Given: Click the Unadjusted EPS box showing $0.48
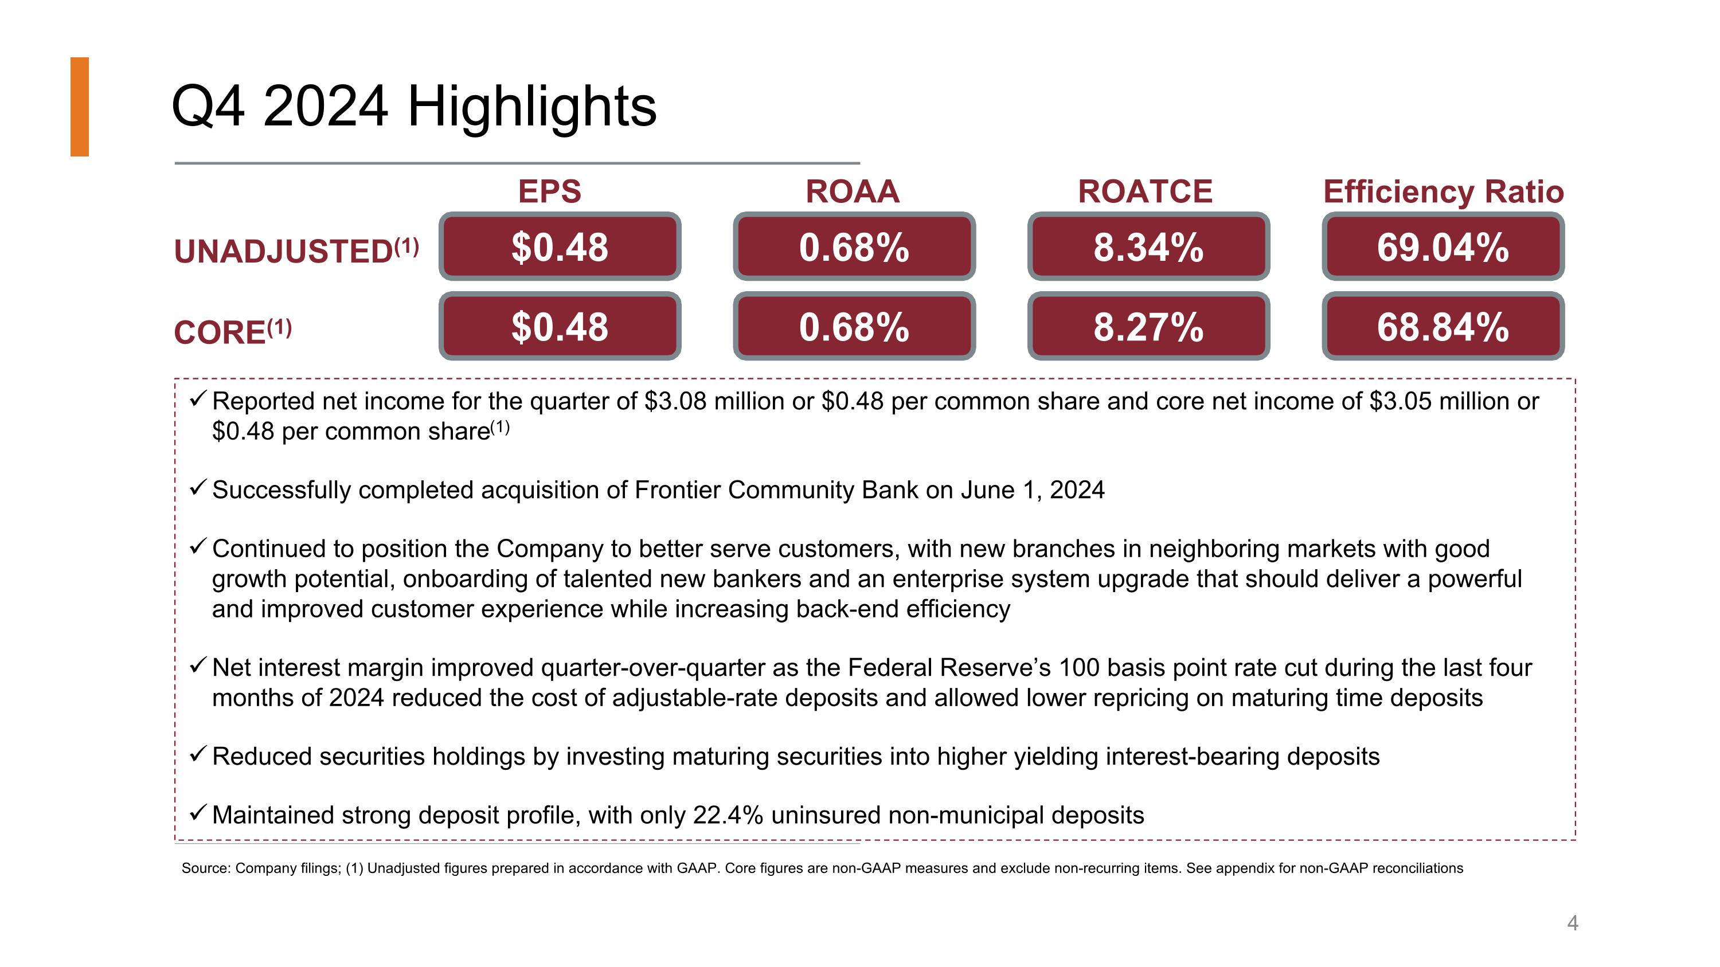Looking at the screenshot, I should point(560,246).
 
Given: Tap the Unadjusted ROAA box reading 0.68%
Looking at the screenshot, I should point(854,246).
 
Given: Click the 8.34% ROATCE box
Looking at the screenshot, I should point(1148,246).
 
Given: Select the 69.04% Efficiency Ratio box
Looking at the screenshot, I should point(1443,246).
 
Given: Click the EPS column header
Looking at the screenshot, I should point(549,191).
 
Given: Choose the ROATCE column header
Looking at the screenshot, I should point(1145,191).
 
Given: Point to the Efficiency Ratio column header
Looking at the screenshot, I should point(1444,191).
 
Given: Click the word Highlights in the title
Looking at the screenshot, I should point(531,107).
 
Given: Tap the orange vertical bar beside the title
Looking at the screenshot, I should point(80,107).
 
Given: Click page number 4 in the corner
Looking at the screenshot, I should point(1573,923).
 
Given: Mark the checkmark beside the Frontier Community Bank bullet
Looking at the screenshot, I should point(198,488).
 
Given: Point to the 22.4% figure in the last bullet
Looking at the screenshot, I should point(728,815).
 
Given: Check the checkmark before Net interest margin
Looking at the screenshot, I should point(198,665).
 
